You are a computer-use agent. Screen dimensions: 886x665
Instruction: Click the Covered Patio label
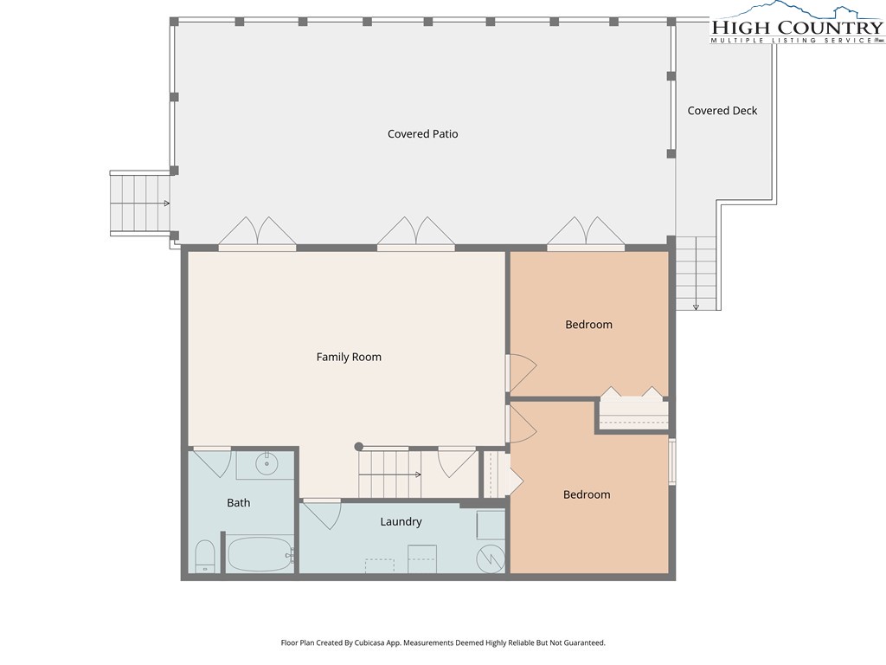pos(422,134)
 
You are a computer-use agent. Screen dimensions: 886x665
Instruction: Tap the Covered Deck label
pos(722,111)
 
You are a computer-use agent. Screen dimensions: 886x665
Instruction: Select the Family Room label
pos(349,357)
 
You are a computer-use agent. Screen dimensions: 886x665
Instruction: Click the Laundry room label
pos(401,522)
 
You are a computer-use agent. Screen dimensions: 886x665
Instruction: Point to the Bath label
pos(239,503)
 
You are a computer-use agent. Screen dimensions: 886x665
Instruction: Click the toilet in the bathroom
pos(205,557)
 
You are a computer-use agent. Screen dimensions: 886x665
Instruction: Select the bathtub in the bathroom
pos(260,554)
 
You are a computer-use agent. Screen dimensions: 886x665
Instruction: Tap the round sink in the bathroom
pos(266,465)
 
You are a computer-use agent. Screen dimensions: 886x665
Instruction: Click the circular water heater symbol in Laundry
pos(491,558)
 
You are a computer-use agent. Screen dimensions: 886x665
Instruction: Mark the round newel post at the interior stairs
pos(358,447)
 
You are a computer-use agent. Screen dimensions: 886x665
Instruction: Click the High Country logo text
pos(797,28)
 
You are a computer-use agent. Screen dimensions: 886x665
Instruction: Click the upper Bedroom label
pos(588,325)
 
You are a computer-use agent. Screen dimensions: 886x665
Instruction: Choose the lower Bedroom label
pos(587,494)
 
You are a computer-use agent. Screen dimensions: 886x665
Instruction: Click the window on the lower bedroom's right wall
pos(672,462)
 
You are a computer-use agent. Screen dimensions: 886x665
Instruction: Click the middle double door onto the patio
pos(416,233)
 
